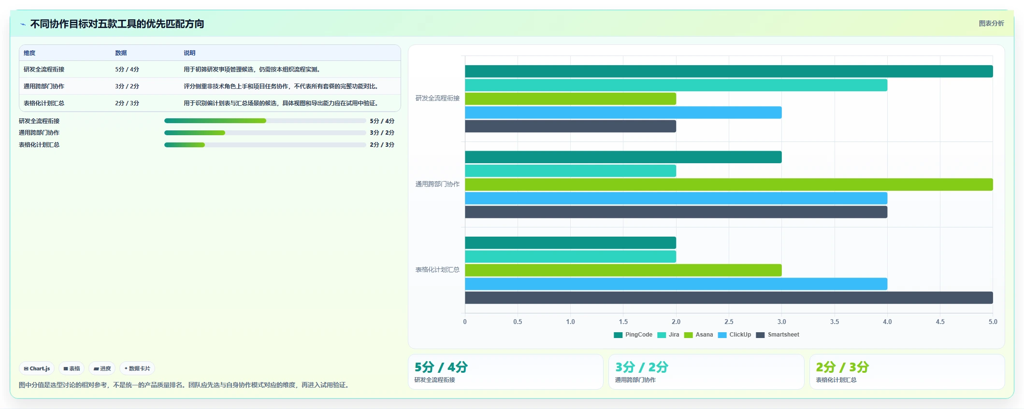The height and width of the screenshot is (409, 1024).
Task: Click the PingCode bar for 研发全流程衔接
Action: [x=729, y=71]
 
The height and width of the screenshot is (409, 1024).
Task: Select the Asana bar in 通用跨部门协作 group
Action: [x=729, y=184]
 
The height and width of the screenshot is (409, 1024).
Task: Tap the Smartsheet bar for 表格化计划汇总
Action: [x=729, y=297]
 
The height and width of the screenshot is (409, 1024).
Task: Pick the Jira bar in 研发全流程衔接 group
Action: [x=676, y=85]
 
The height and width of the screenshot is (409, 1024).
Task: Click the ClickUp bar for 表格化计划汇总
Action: [x=676, y=284]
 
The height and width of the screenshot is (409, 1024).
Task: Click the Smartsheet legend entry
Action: [x=778, y=335]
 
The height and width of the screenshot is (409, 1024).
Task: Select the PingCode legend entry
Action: [x=633, y=335]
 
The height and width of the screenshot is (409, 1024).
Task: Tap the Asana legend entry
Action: [x=699, y=335]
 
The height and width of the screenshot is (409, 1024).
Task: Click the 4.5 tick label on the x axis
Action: [x=940, y=322]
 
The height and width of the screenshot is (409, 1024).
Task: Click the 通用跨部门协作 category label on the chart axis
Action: [x=437, y=184]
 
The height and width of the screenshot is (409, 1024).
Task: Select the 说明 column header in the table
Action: [x=189, y=53]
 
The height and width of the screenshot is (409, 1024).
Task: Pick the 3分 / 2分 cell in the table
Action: [x=127, y=86]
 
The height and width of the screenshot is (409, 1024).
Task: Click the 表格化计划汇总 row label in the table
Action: [x=44, y=103]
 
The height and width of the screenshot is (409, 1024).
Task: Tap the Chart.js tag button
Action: [x=37, y=368]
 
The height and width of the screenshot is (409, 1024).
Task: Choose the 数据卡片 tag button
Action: [x=137, y=368]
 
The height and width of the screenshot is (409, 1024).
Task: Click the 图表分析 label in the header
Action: [x=991, y=23]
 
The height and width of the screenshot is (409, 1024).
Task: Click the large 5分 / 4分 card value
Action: [x=441, y=367]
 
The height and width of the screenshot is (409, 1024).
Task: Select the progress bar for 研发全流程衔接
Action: [x=265, y=121]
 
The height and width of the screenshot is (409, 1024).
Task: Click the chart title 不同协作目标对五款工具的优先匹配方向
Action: [x=117, y=24]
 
